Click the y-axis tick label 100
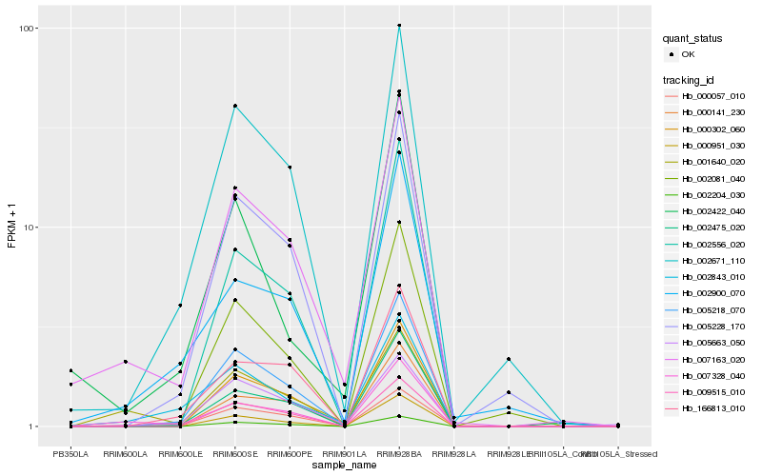tap(28, 28)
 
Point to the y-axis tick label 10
tap(30, 228)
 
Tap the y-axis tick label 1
tap(33, 426)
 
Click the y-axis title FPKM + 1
tap(12, 228)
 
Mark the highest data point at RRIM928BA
tap(399, 26)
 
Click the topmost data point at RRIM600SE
tap(234, 106)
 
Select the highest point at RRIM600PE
tap(290, 168)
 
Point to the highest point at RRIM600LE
tap(180, 306)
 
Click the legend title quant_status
tap(695, 38)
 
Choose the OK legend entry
tap(688, 54)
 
